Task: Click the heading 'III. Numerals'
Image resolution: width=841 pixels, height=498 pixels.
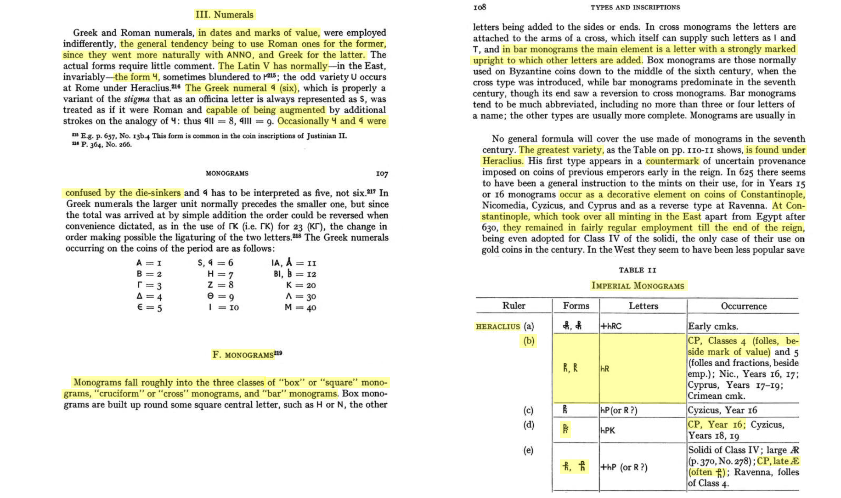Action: click(x=224, y=15)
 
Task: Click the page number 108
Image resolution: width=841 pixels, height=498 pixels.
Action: click(x=480, y=7)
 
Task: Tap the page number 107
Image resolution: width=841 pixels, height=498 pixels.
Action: click(x=382, y=174)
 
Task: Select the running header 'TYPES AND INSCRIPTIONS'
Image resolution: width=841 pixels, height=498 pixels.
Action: click(x=635, y=7)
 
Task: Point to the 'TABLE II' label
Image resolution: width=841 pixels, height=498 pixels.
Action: click(x=637, y=270)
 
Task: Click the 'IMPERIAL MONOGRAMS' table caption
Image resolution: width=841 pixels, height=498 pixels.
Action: click(x=638, y=286)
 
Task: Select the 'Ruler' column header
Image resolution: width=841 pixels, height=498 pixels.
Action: click(x=514, y=306)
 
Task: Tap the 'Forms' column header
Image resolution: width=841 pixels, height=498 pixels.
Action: click(x=576, y=306)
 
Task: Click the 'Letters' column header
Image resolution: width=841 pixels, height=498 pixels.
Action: click(x=643, y=306)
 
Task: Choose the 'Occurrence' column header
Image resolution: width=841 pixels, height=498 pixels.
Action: click(x=743, y=306)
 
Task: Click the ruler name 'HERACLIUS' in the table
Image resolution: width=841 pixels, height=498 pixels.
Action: click(x=498, y=327)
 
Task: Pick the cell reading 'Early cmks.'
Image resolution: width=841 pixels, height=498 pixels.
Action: click(x=713, y=327)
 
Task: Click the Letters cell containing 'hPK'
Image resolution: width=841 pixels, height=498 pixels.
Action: click(x=608, y=430)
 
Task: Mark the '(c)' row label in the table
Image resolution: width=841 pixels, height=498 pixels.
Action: click(x=528, y=410)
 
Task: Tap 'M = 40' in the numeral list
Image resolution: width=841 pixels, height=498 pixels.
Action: click(x=300, y=307)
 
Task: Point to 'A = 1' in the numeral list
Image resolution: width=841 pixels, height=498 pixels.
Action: click(x=149, y=263)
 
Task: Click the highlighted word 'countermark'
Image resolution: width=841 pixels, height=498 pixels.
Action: click(x=672, y=161)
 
